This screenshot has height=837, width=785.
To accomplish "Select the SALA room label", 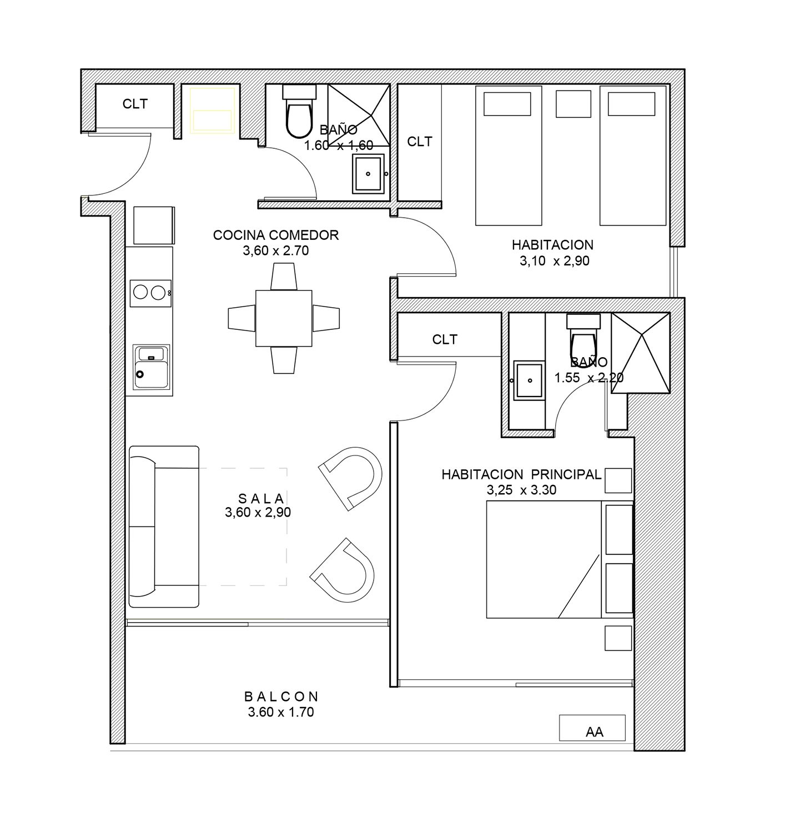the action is [261, 499].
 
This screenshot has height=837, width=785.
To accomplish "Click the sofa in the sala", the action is [164, 527].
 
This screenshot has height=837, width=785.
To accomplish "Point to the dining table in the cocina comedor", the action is [284, 318].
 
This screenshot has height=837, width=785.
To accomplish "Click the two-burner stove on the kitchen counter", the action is [150, 293].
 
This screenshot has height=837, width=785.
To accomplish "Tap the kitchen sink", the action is [152, 367].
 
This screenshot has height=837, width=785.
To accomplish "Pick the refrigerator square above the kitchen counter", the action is [154, 225].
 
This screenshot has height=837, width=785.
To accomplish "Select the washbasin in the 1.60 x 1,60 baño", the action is [368, 173].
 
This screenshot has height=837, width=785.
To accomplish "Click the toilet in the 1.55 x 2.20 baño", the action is [583, 336].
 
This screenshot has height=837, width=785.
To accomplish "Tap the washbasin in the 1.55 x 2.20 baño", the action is [529, 380].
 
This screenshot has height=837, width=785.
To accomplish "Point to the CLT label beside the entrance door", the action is [135, 104].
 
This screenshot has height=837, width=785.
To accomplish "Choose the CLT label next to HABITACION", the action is [420, 142].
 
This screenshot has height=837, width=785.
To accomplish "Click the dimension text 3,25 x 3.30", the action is [522, 490].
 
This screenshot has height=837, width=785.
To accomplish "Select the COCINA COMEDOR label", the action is [276, 235].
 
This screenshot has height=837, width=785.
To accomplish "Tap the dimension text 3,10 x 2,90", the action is [555, 261].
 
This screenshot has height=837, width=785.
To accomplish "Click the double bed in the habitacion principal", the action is [560, 559].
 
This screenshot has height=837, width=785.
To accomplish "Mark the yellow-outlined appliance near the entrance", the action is [212, 111].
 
